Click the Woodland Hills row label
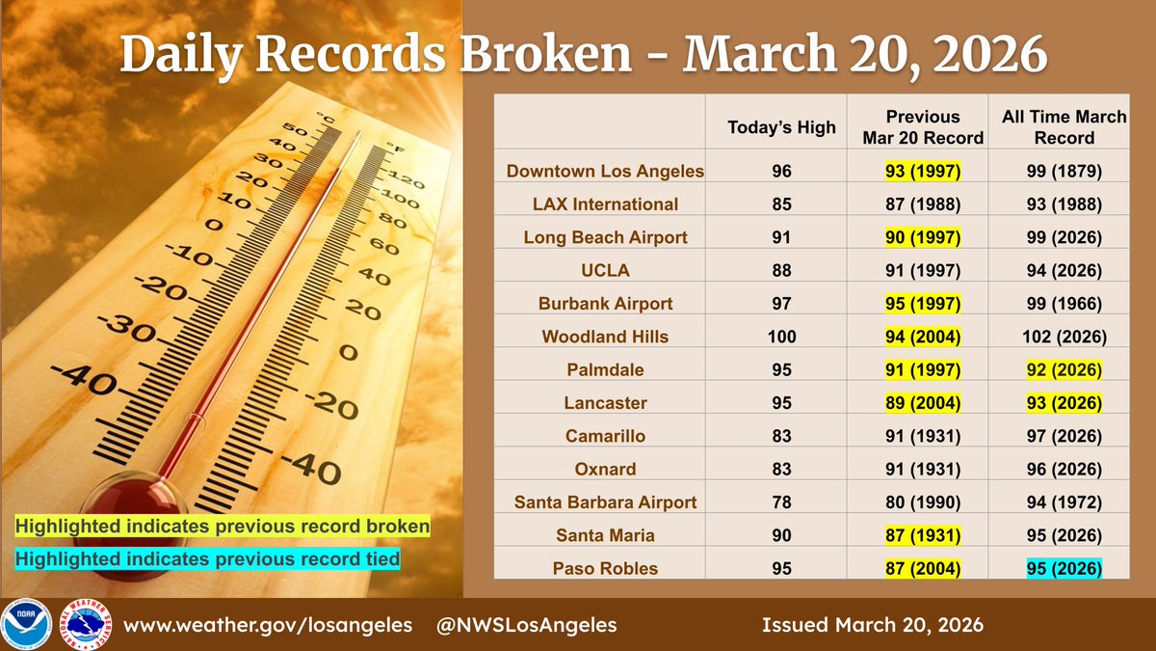tap(605, 337)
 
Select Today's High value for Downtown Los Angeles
tap(781, 172)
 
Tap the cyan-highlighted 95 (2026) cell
tap(1064, 568)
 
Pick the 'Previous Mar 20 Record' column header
tap(922, 127)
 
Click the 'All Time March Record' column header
tap(1064, 127)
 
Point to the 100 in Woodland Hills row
tap(781, 337)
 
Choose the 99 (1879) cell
tap(1064, 172)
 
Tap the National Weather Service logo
tap(81, 624)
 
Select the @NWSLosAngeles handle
tap(526, 625)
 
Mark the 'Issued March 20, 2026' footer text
tap(873, 625)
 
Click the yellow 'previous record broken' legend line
tap(222, 528)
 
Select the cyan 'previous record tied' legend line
tap(206, 558)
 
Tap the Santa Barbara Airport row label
tap(605, 502)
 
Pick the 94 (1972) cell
tap(1064, 502)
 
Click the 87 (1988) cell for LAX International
tap(922, 204)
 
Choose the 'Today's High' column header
tap(781, 127)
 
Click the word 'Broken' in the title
tap(546, 56)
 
